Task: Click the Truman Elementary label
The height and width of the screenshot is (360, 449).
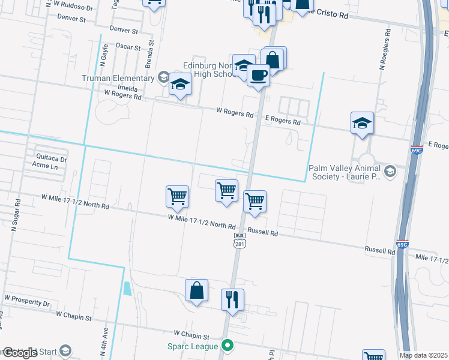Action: click(x=118, y=79)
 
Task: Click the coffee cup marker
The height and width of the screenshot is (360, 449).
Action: click(x=258, y=76)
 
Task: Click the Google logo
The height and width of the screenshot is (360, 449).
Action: click(x=20, y=353)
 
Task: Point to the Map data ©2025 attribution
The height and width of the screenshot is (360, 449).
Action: click(x=423, y=355)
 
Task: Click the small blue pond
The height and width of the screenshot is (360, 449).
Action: click(x=127, y=288)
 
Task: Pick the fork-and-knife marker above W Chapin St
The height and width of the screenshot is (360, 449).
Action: click(x=232, y=299)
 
